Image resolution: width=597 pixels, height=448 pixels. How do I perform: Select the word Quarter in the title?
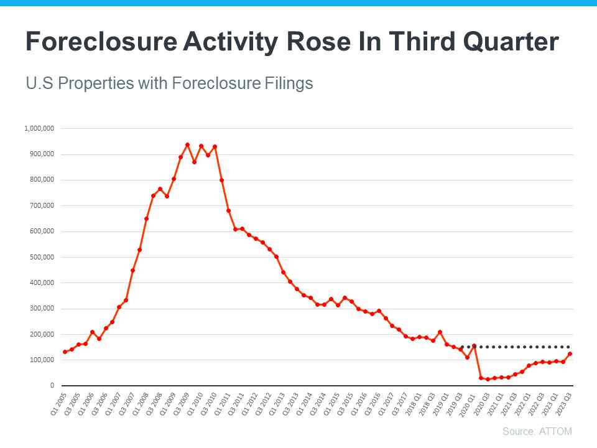511,42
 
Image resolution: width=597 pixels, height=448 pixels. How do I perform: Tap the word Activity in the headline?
230,42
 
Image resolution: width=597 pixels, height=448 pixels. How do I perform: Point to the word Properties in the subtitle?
96,83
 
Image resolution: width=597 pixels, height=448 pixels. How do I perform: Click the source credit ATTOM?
555,431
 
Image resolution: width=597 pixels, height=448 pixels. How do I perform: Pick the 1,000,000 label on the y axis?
39,128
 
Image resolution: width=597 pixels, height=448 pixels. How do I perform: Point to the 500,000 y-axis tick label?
42,257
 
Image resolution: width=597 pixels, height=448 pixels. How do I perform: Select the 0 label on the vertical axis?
52,386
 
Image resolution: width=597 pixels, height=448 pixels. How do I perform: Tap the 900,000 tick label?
42,154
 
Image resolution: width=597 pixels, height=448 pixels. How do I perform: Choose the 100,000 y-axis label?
42,360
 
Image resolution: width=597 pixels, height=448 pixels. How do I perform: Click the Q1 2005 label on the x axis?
58,404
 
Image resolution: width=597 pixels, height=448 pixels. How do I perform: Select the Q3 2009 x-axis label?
181,404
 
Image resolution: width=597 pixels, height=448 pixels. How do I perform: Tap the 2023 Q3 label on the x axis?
563,404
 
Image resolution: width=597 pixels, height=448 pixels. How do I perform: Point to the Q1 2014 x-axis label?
304,404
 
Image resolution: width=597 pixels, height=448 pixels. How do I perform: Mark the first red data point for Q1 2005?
65,352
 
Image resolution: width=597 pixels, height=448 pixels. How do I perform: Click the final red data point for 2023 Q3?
570,354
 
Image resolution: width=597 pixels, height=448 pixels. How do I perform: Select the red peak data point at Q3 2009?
187,145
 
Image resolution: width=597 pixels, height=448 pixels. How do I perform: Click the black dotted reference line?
516,347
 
